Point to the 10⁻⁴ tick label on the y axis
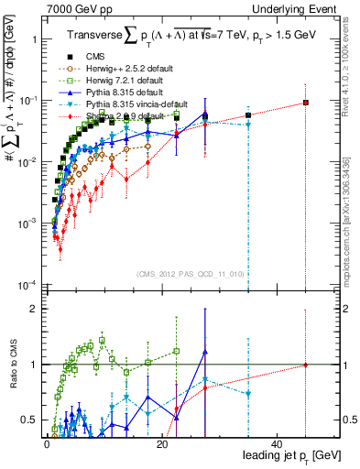[28, 285]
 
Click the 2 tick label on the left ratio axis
[34, 309]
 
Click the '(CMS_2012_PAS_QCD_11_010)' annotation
[190, 274]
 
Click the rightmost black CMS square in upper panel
[306, 103]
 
